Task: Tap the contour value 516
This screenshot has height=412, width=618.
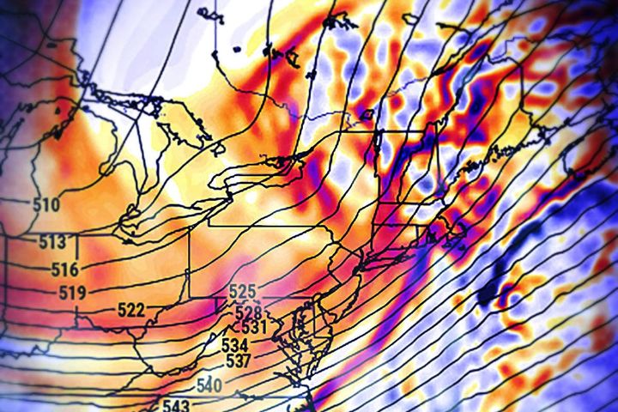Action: (x=64, y=270)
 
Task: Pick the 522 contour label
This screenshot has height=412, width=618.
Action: (x=130, y=310)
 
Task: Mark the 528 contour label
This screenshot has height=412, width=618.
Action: (x=248, y=311)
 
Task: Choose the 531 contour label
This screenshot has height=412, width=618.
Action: (x=254, y=327)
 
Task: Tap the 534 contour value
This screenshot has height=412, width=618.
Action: (x=235, y=345)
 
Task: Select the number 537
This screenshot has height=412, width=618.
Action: (x=238, y=360)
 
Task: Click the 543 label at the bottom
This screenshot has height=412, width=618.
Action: (x=176, y=404)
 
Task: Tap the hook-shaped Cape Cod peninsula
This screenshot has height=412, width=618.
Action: (x=457, y=230)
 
